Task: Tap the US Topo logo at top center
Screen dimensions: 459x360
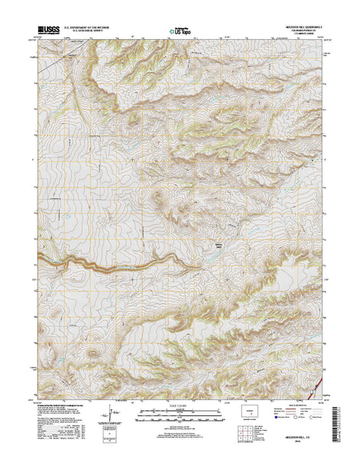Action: point(180,33)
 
